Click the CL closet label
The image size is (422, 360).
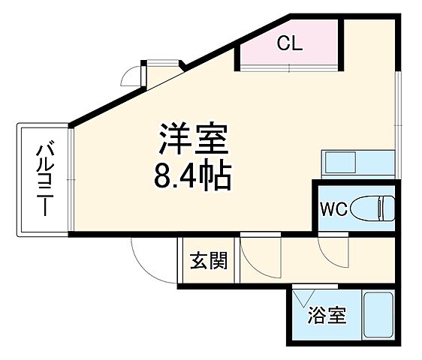289,44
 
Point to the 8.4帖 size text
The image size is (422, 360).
192,178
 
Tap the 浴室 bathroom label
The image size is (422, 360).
327,316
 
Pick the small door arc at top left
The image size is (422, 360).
132,74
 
